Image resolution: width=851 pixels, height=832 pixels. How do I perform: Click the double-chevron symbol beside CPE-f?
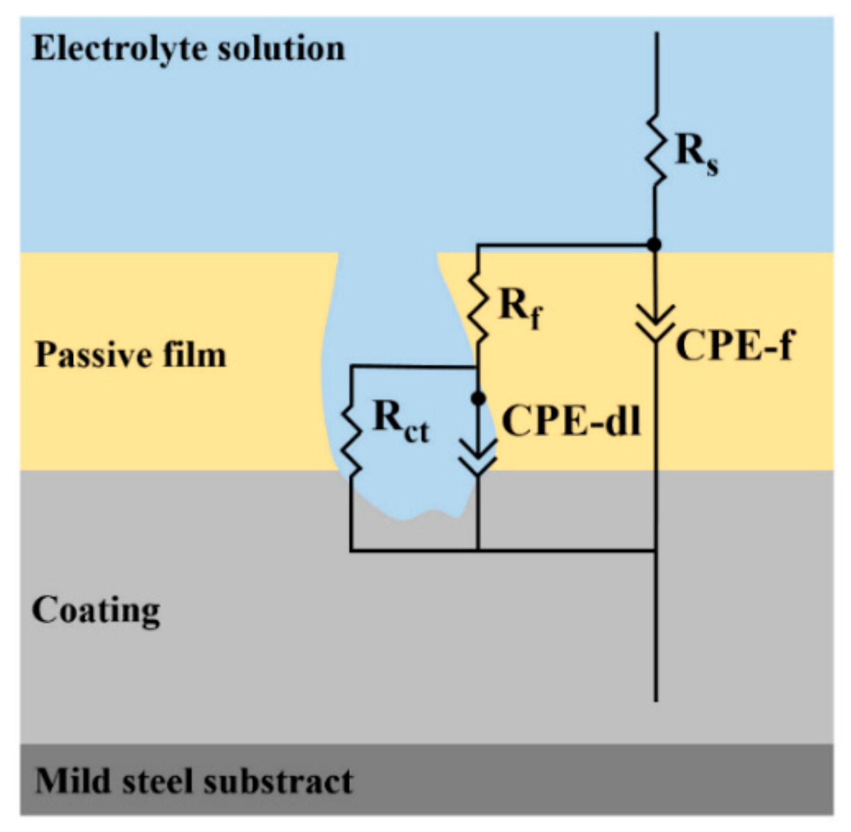(x=656, y=323)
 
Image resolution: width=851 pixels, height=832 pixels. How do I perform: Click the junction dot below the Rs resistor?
(x=654, y=244)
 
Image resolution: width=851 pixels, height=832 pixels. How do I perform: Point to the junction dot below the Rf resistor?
(x=478, y=398)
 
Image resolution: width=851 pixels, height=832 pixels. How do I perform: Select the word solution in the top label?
(x=281, y=48)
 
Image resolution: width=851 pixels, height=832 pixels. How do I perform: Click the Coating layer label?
(x=96, y=611)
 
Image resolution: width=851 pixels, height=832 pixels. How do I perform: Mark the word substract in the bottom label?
(x=278, y=781)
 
